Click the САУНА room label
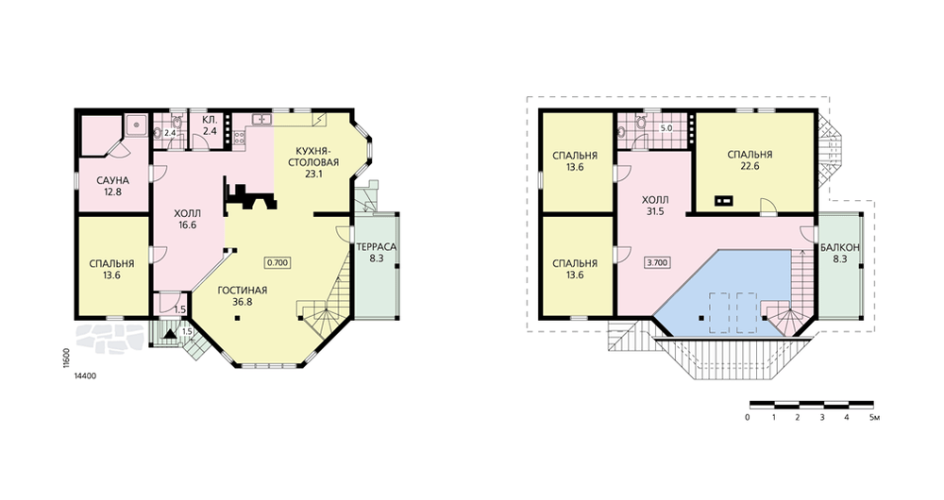(113, 180)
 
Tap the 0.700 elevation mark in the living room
(278, 262)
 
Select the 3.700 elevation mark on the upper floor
(657, 262)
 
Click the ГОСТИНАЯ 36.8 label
(242, 296)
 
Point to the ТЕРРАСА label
(377, 246)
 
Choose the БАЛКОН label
(840, 247)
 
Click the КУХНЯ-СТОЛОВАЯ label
(313, 157)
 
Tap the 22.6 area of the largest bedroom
(750, 166)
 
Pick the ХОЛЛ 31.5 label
(655, 205)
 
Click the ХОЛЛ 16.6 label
(187, 219)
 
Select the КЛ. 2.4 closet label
(210, 125)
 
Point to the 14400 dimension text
(85, 376)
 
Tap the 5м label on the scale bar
(875, 417)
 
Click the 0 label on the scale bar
(747, 417)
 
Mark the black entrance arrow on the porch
(170, 331)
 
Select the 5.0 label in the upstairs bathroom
(666, 128)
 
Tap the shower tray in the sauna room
(137, 125)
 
